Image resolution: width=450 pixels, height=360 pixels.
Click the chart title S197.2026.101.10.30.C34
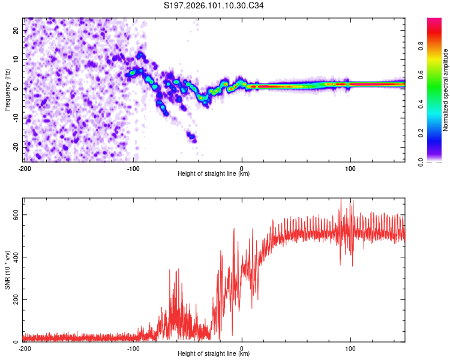[x=214, y=7]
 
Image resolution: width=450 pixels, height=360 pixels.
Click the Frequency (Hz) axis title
[x=7, y=89]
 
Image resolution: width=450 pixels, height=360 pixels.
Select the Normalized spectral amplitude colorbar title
[x=446, y=89]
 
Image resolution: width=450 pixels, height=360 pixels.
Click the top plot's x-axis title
[x=214, y=173]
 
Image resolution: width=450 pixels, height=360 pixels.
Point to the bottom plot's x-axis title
[x=214, y=353]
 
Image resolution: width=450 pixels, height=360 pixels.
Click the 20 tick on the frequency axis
[x=16, y=31]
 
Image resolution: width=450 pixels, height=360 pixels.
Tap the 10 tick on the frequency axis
[x=16, y=59]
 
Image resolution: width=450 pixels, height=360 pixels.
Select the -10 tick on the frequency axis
[x=15, y=118]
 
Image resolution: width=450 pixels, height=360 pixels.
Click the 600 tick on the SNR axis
[x=14, y=215]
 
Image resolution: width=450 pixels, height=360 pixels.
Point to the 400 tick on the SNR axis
[x=14, y=257]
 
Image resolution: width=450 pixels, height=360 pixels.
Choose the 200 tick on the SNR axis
[x=14, y=299]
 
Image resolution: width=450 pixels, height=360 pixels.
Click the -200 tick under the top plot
[x=25, y=168]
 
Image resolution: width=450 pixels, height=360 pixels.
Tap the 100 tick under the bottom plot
[x=350, y=348]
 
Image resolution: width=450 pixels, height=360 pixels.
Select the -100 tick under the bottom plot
[x=133, y=348]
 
